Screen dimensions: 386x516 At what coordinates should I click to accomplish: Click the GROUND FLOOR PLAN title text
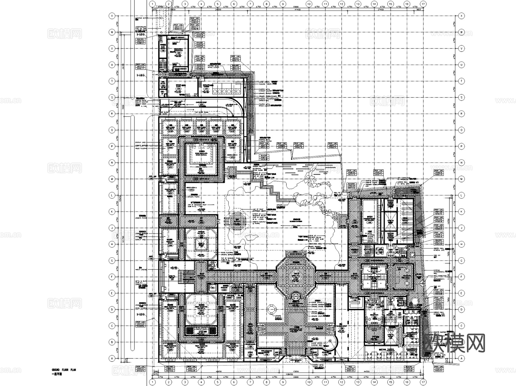point(63,370)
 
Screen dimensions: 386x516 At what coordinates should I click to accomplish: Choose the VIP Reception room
point(372,315)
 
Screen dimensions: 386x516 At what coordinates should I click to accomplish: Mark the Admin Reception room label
point(390,315)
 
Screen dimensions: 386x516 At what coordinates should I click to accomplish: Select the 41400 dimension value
point(297,9)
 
